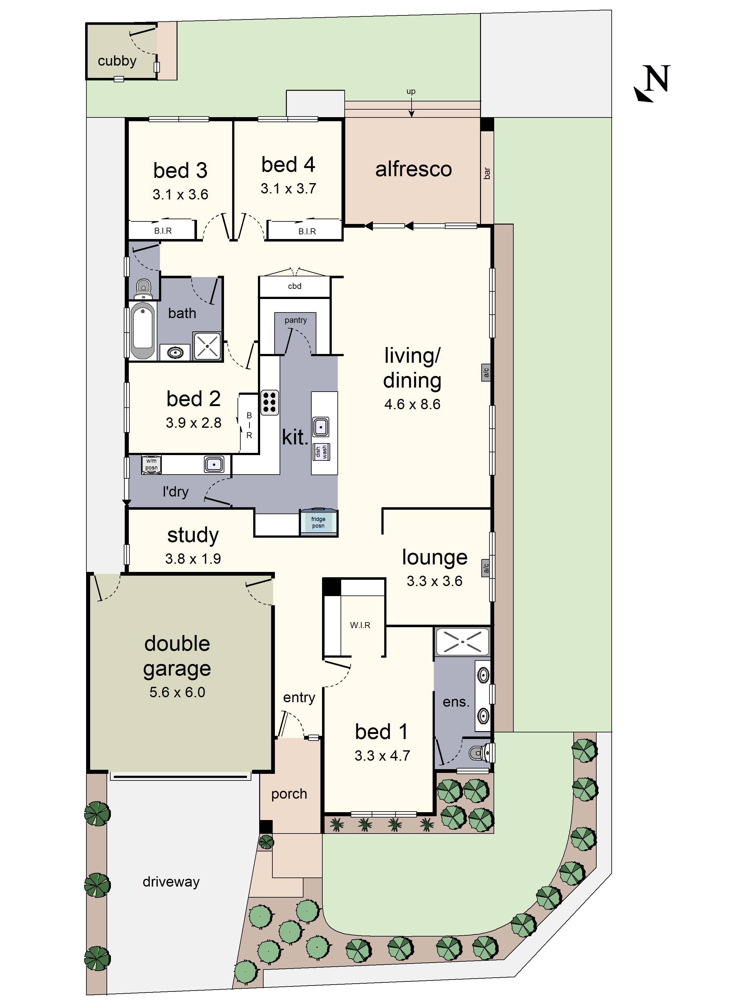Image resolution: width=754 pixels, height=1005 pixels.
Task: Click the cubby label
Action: tap(117, 61)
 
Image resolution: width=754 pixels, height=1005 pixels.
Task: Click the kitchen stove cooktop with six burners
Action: tap(269, 402)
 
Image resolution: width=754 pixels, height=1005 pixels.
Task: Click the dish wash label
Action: tap(321, 452)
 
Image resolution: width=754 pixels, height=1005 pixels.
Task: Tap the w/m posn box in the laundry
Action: tap(151, 464)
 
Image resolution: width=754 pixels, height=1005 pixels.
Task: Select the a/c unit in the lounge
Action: tap(485, 568)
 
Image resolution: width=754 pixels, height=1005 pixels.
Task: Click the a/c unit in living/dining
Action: tap(486, 372)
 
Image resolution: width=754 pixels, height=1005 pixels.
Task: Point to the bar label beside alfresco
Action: tap(487, 173)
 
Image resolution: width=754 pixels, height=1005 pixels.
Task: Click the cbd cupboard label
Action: tap(294, 286)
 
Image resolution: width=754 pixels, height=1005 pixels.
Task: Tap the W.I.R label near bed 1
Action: tap(360, 625)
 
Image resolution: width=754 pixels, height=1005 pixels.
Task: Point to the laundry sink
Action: tap(214, 464)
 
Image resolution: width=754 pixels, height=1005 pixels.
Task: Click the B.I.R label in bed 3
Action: tap(163, 231)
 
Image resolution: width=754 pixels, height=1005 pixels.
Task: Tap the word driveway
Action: tap(171, 882)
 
